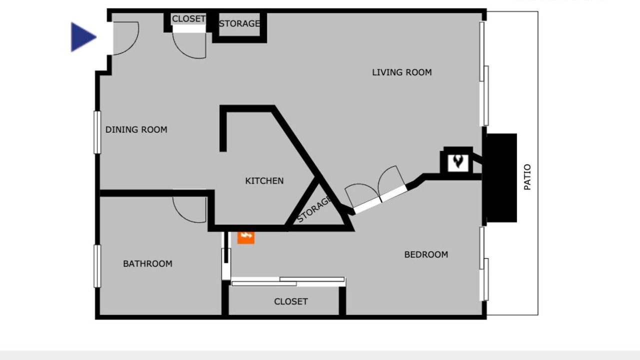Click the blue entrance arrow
pyautogui.click(x=83, y=37)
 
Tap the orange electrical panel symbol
pyautogui.click(x=245, y=237)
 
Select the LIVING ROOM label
pyautogui.click(x=401, y=72)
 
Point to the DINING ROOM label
pyautogui.click(x=136, y=129)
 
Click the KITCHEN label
pyautogui.click(x=264, y=180)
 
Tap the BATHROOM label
pyautogui.click(x=147, y=263)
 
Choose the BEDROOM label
pyautogui.click(x=426, y=254)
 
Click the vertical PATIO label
pyautogui.click(x=527, y=177)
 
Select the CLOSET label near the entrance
pyautogui.click(x=188, y=19)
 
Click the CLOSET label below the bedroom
pyautogui.click(x=291, y=301)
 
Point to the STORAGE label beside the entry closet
pyautogui.click(x=239, y=23)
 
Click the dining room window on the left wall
pyautogui.click(x=97, y=132)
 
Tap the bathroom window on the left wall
pyautogui.click(x=97, y=266)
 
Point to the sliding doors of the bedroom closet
pyautogui.click(x=288, y=281)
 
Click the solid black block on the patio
pyautogui.click(x=501, y=177)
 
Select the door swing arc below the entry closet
pyautogui.click(x=183, y=51)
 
